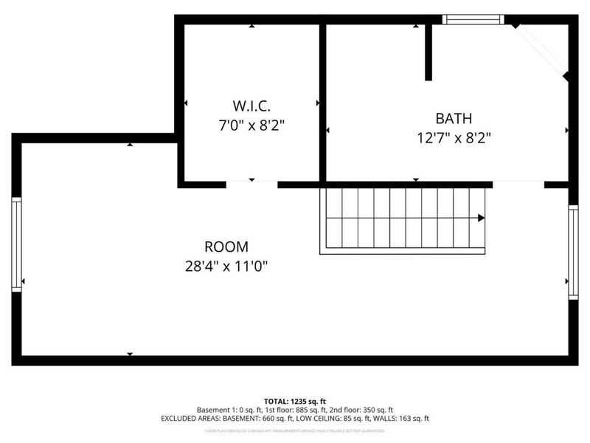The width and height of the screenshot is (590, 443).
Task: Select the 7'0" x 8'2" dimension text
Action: point(252,126)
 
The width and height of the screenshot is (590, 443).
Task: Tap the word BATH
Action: point(453,118)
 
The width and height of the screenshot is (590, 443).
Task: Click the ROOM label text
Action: point(226,247)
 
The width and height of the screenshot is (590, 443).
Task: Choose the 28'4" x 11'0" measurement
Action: point(226,266)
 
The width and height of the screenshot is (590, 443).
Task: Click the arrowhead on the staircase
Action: point(481,218)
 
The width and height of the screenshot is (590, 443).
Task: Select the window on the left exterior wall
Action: point(16,244)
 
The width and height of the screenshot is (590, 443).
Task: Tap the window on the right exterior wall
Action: point(573,251)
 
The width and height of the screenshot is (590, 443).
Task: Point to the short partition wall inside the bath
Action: point(428,52)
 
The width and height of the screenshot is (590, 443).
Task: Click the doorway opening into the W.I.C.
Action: point(251,183)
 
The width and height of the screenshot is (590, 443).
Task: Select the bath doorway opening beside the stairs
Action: point(518,183)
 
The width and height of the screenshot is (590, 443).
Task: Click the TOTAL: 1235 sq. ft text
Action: point(294,399)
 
